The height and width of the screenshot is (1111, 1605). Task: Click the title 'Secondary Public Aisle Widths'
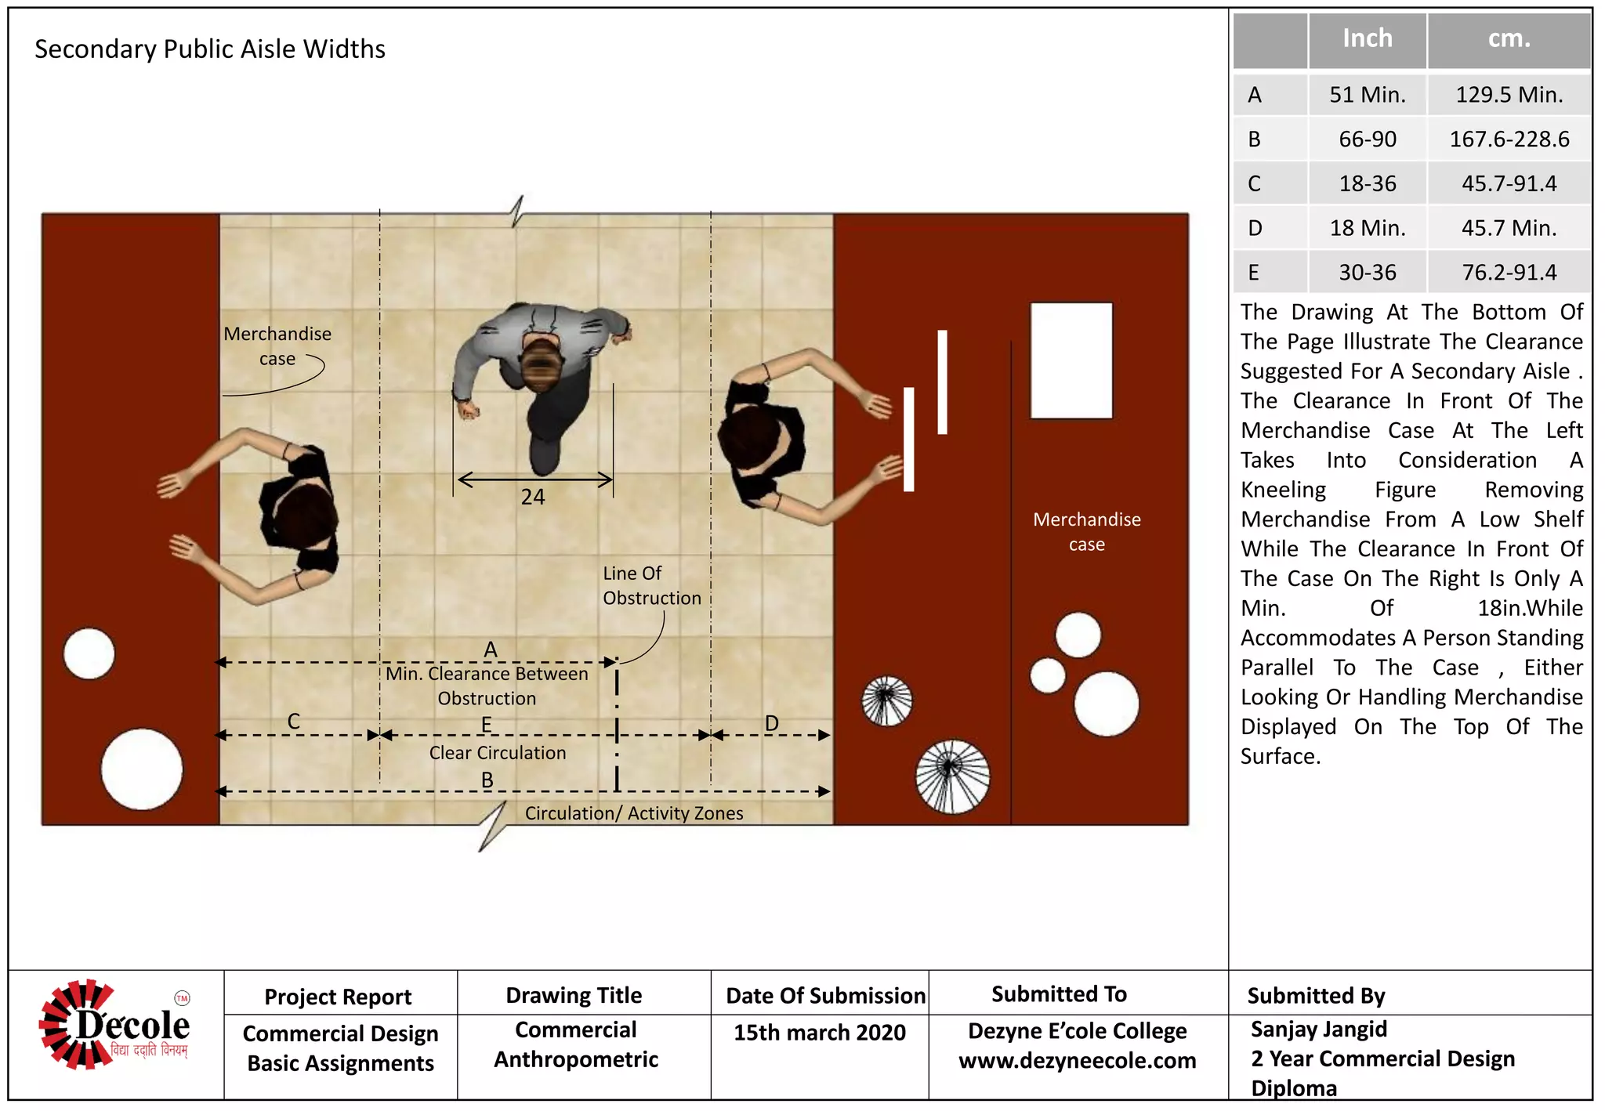pyautogui.click(x=210, y=49)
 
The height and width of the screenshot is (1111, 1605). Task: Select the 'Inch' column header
pyautogui.click(x=1367, y=38)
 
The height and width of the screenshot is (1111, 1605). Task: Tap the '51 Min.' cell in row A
pyautogui.click(x=1367, y=95)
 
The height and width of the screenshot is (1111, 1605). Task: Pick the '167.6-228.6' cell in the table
pyautogui.click(x=1509, y=139)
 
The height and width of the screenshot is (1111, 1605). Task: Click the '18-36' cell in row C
pyautogui.click(x=1367, y=184)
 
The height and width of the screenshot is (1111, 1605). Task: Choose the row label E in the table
pyautogui.click(x=1254, y=273)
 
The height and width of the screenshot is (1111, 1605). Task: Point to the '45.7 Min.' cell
pyautogui.click(x=1509, y=228)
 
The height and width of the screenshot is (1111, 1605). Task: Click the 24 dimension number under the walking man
pyautogui.click(x=533, y=497)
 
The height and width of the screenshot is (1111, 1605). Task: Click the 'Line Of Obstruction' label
pyautogui.click(x=650, y=585)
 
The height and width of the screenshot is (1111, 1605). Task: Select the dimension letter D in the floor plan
pyautogui.click(x=771, y=723)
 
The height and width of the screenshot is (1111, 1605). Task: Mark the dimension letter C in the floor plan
pyautogui.click(x=293, y=721)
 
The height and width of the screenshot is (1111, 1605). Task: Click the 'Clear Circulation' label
pyautogui.click(x=498, y=753)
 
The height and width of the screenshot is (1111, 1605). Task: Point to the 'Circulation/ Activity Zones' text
pyautogui.click(x=633, y=813)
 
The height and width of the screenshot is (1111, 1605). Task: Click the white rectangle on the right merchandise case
pyautogui.click(x=1071, y=360)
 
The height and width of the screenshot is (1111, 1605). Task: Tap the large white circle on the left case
pyautogui.click(x=142, y=769)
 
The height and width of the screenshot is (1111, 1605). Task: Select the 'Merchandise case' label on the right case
pyautogui.click(x=1086, y=531)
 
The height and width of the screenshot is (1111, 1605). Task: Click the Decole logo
pyautogui.click(x=114, y=1025)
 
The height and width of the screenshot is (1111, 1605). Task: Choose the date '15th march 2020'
pyautogui.click(x=819, y=1033)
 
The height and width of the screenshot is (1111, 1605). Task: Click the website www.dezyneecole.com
pyautogui.click(x=1077, y=1061)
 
